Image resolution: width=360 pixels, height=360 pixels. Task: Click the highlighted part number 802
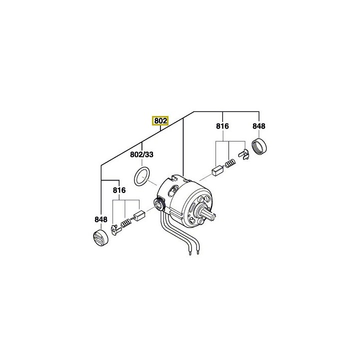click(160, 120)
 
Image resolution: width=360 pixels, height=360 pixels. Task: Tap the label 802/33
click(142, 155)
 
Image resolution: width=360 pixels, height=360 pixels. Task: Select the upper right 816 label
click(222, 126)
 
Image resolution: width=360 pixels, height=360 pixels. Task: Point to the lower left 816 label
click(118, 190)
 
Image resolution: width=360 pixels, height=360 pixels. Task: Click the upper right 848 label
click(258, 126)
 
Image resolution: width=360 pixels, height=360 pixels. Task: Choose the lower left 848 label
click(101, 219)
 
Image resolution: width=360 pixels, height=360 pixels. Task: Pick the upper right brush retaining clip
click(244, 155)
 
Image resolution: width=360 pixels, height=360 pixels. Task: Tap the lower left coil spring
click(126, 223)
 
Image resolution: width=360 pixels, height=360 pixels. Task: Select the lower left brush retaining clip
click(114, 230)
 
